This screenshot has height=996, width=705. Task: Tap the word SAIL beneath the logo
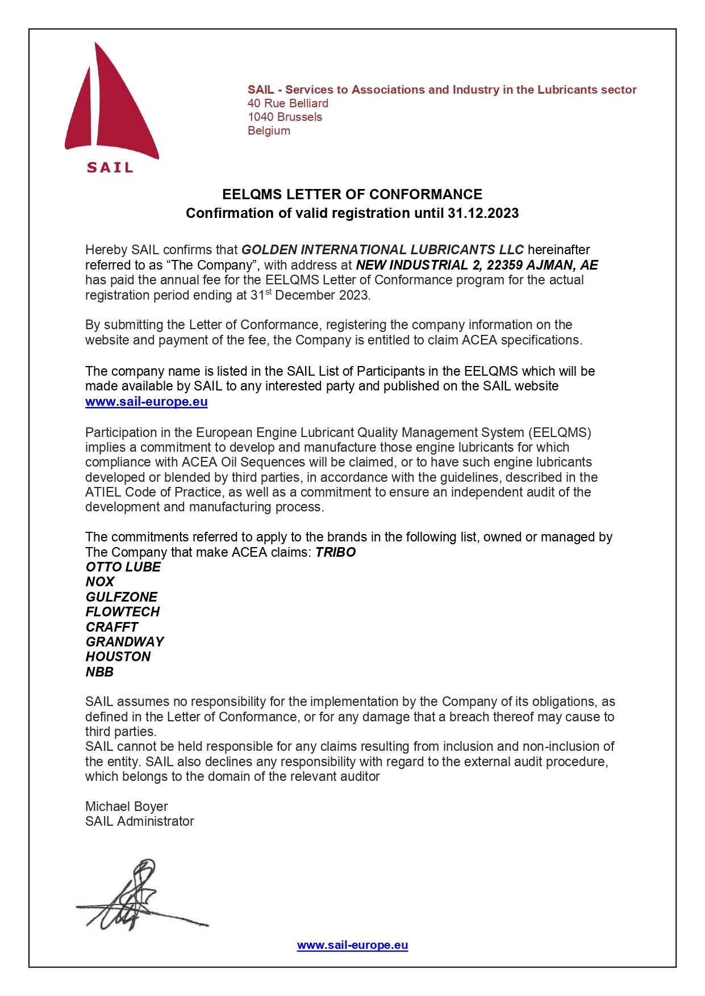click(x=110, y=167)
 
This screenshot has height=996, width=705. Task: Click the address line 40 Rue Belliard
click(x=287, y=103)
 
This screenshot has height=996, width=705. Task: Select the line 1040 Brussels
click(x=285, y=117)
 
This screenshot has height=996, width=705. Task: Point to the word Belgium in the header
click(x=269, y=131)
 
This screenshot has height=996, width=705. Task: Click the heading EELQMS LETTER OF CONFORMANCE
click(x=352, y=194)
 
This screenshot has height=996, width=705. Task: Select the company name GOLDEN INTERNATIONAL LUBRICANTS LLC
click(x=382, y=250)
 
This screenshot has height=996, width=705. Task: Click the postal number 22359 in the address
click(x=504, y=265)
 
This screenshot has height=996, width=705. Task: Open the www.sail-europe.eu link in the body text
click(x=146, y=402)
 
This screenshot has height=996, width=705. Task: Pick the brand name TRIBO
click(x=335, y=552)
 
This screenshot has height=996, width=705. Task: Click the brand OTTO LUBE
click(x=123, y=567)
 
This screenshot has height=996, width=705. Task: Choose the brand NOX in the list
click(x=100, y=582)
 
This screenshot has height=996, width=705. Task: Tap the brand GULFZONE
click(x=121, y=597)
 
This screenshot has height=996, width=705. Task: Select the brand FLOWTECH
click(x=122, y=612)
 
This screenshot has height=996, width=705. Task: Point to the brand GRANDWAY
click(x=124, y=642)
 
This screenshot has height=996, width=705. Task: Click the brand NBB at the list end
click(x=99, y=672)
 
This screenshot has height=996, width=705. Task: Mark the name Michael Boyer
click(x=126, y=806)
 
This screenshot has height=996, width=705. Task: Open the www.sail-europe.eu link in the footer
click(x=352, y=945)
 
